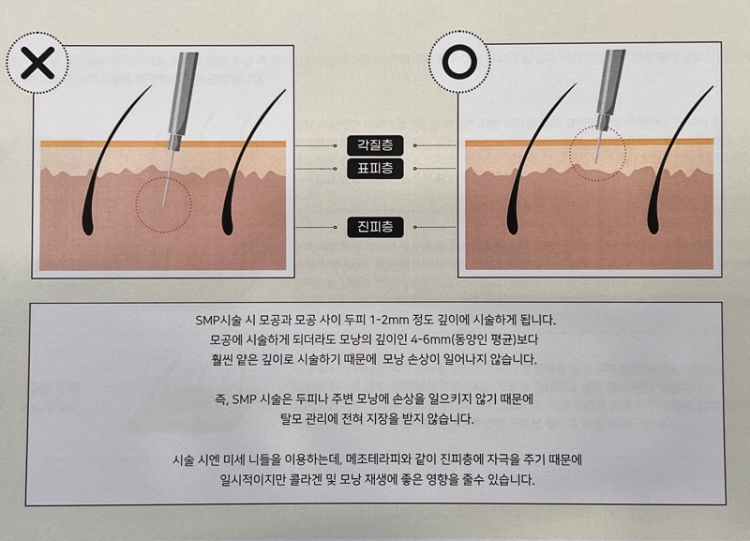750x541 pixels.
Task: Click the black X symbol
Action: (x=37, y=62)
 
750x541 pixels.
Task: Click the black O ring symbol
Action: (x=459, y=62)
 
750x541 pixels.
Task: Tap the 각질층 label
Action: (x=375, y=145)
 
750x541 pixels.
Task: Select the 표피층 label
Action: (x=375, y=169)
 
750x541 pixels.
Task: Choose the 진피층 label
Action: (x=375, y=227)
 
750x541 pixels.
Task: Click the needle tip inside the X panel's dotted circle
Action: (x=163, y=206)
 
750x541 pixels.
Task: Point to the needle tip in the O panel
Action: (x=596, y=163)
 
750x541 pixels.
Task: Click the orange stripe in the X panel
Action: (x=163, y=143)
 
